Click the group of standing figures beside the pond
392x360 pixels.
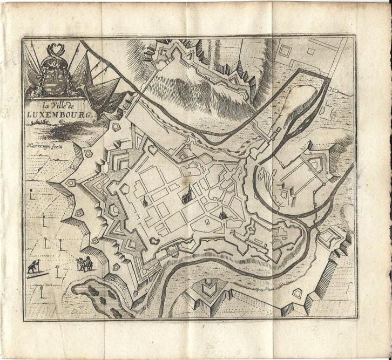[84, 263]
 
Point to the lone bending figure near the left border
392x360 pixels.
[33, 267]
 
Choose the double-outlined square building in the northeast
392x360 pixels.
[286, 51]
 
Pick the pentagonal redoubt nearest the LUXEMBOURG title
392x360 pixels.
[115, 126]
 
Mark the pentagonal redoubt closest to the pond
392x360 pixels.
[115, 267]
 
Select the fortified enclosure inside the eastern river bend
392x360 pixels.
[302, 173]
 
